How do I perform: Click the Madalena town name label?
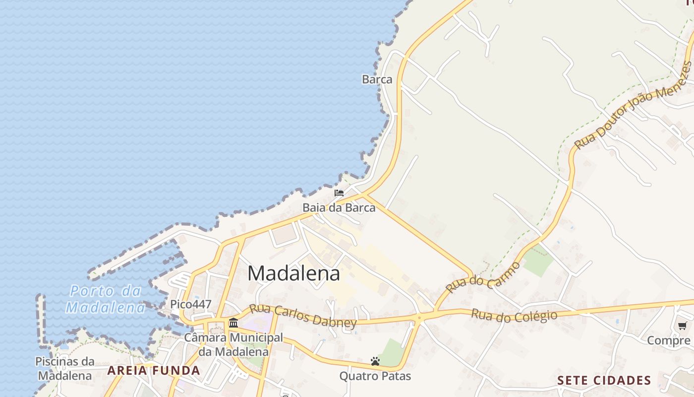tap(293, 273)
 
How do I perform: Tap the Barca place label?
tap(377, 79)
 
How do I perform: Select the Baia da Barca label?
tap(339, 207)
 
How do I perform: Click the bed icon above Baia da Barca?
tap(339, 193)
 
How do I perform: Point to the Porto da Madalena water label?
tap(106, 299)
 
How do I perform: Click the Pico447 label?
tap(190, 304)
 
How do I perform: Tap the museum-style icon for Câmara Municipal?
tap(233, 323)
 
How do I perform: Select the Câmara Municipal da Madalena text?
tap(233, 345)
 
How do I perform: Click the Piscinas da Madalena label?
tap(65, 368)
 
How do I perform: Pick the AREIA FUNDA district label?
tap(154, 370)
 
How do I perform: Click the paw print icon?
tap(375, 361)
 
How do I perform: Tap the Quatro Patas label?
tap(375, 376)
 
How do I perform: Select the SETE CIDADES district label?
tap(604, 381)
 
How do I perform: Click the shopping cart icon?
tap(682, 326)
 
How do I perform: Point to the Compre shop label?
tap(669, 340)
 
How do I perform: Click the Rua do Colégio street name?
tap(514, 316)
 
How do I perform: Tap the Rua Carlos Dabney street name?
tap(302, 316)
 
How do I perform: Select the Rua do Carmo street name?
tap(483, 277)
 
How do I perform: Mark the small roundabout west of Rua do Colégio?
tap(419, 317)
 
